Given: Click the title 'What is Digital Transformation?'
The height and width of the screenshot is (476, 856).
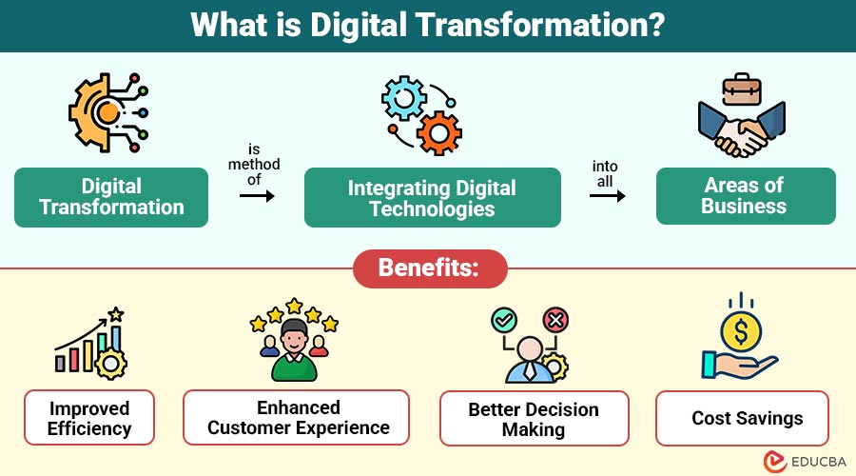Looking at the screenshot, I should pyautogui.click(x=428, y=25).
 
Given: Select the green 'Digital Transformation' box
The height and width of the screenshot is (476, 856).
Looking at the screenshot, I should pyautogui.click(x=111, y=197).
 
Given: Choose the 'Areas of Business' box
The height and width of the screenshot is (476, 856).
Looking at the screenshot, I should pyautogui.click(x=745, y=196).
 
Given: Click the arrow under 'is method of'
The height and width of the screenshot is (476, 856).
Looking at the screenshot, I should pyautogui.click(x=257, y=196).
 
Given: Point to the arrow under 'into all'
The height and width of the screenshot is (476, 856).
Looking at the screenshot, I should pyautogui.click(x=607, y=196).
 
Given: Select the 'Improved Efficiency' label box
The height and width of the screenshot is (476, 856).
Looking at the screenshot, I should pyautogui.click(x=89, y=418).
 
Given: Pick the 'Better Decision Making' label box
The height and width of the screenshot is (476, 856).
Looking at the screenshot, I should pyautogui.click(x=534, y=419).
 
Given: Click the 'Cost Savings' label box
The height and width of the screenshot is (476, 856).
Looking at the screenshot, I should pyautogui.click(x=748, y=418).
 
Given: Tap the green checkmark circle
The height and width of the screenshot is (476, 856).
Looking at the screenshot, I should pyautogui.click(x=504, y=321).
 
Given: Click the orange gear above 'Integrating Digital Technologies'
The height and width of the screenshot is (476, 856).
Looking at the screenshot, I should pyautogui.click(x=438, y=133).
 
